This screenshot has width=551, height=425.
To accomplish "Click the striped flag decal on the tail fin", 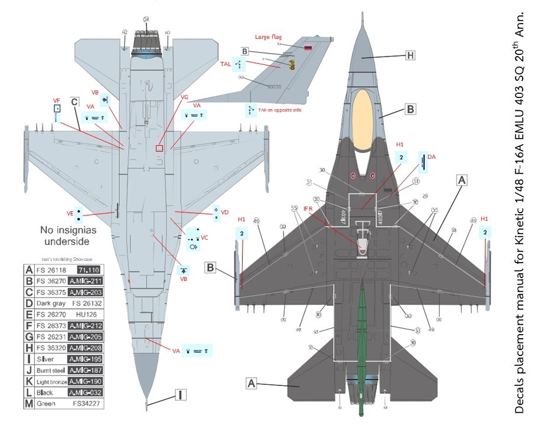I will point(308,48).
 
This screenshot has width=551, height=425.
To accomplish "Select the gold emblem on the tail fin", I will point(291,66).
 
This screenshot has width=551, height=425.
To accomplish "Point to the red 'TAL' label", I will point(226,63).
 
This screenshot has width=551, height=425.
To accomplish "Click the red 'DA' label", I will point(432,157).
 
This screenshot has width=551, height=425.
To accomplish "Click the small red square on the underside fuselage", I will point(159,149).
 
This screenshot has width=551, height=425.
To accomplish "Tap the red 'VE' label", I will point(70,213).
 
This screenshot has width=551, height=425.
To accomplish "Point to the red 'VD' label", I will point(224,211).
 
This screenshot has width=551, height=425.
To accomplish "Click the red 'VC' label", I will point(204,237).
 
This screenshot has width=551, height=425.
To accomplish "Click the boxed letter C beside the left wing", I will point(75,101).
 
